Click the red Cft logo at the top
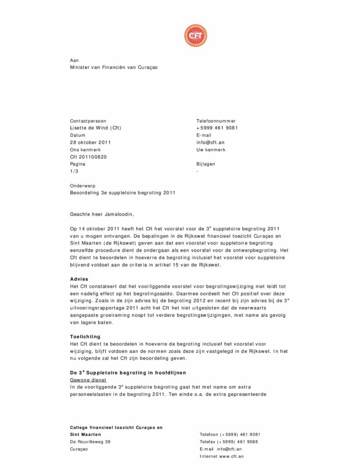click(195, 36)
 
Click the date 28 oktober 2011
click(90, 142)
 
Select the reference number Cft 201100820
click(88, 157)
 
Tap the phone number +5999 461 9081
click(217, 128)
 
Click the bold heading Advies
click(79, 279)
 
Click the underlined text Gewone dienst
click(88, 380)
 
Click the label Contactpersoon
click(88, 121)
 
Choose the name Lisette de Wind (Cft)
click(96, 128)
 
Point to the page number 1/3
click(74, 171)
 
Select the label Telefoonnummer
click(216, 121)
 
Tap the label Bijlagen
click(206, 164)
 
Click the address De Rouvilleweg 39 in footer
click(90, 442)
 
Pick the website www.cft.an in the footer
click(231, 456)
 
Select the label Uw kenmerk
click(211, 150)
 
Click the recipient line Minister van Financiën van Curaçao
click(114, 67)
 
